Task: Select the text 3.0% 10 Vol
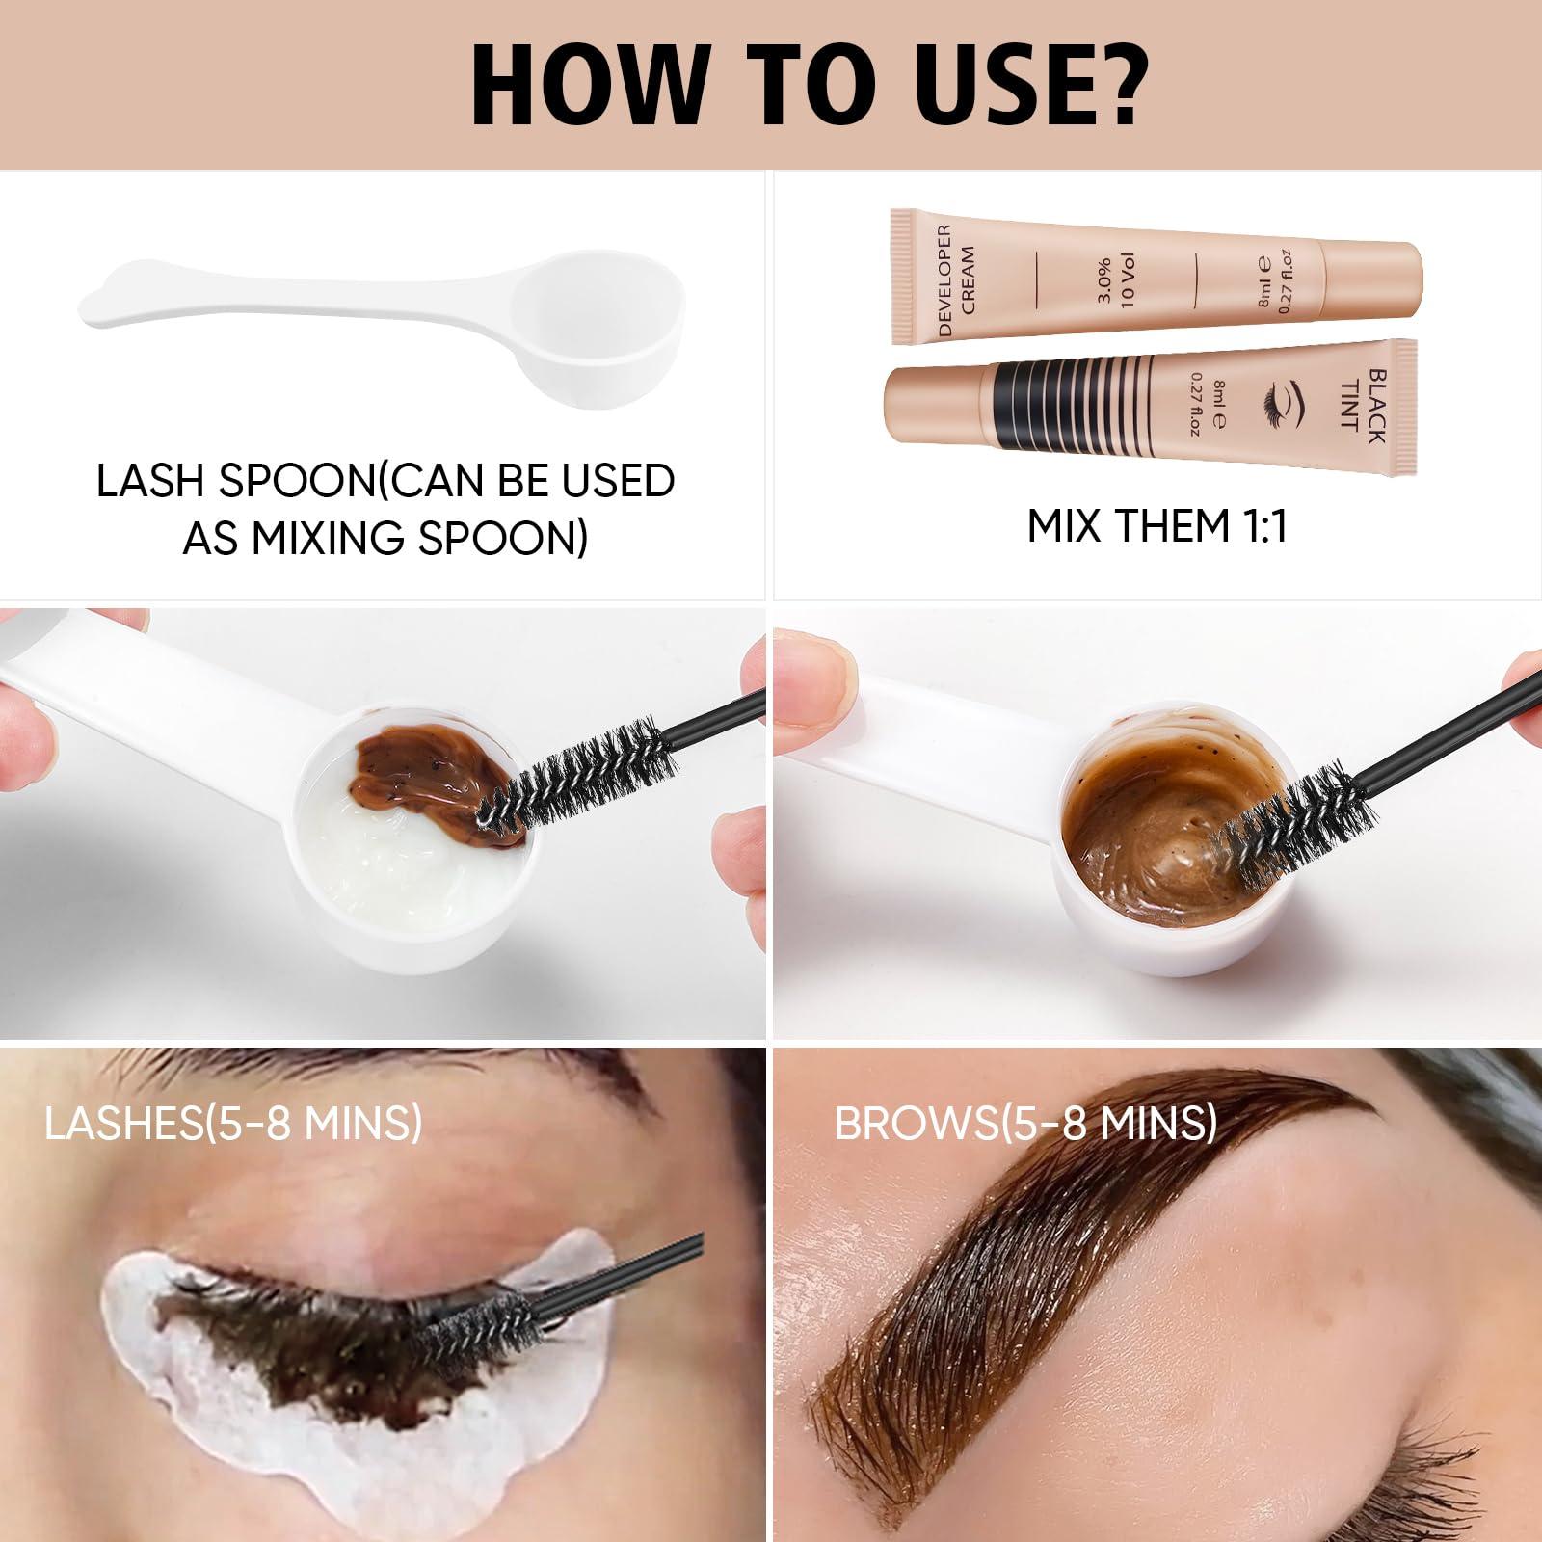tap(1117, 280)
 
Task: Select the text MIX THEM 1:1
tap(1156, 526)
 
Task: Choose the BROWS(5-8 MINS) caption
tap(1025, 1123)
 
